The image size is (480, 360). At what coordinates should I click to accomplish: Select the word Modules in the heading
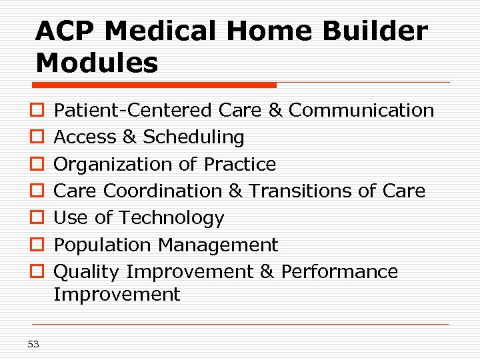coord(97,63)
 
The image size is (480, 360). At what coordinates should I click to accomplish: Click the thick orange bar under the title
coord(155,85)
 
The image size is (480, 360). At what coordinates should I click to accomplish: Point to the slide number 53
coord(33,344)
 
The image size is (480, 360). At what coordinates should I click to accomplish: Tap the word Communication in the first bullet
coord(361,110)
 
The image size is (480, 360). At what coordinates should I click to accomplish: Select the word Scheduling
coord(193,137)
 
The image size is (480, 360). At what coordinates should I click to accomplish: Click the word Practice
coord(240,164)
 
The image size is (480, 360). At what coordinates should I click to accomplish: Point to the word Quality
coord(87,272)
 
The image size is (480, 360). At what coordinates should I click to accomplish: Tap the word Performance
coord(339,272)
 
